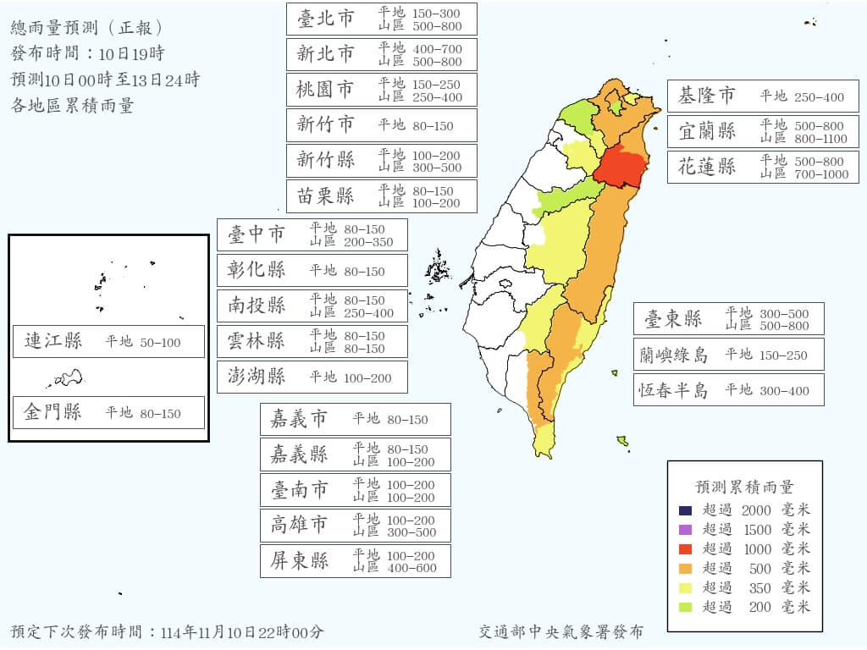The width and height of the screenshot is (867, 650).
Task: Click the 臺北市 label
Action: point(325,19)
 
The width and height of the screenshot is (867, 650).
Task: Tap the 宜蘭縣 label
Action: point(707,132)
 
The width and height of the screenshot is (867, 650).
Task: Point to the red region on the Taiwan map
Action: point(618,164)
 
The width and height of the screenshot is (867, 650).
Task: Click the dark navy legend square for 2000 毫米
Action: point(685,510)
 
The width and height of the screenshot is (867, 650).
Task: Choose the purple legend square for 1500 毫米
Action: point(685,530)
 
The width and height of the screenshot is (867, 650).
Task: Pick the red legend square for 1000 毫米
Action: point(685,548)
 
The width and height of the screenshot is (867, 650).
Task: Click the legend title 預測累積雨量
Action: point(744,487)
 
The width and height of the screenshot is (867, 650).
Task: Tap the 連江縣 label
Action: point(53,341)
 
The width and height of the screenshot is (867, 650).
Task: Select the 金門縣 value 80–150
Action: point(160,413)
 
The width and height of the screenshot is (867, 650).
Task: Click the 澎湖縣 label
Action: point(257,377)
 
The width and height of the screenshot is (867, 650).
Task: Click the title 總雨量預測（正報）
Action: point(87,29)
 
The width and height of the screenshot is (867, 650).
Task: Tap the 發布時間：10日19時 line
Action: point(87,54)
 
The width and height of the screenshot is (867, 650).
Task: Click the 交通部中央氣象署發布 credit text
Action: point(561,632)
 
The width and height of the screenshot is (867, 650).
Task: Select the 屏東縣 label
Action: point(300,561)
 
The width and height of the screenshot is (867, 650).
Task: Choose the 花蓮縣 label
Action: point(707,167)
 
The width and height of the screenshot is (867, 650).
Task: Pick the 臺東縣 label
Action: point(673,319)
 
